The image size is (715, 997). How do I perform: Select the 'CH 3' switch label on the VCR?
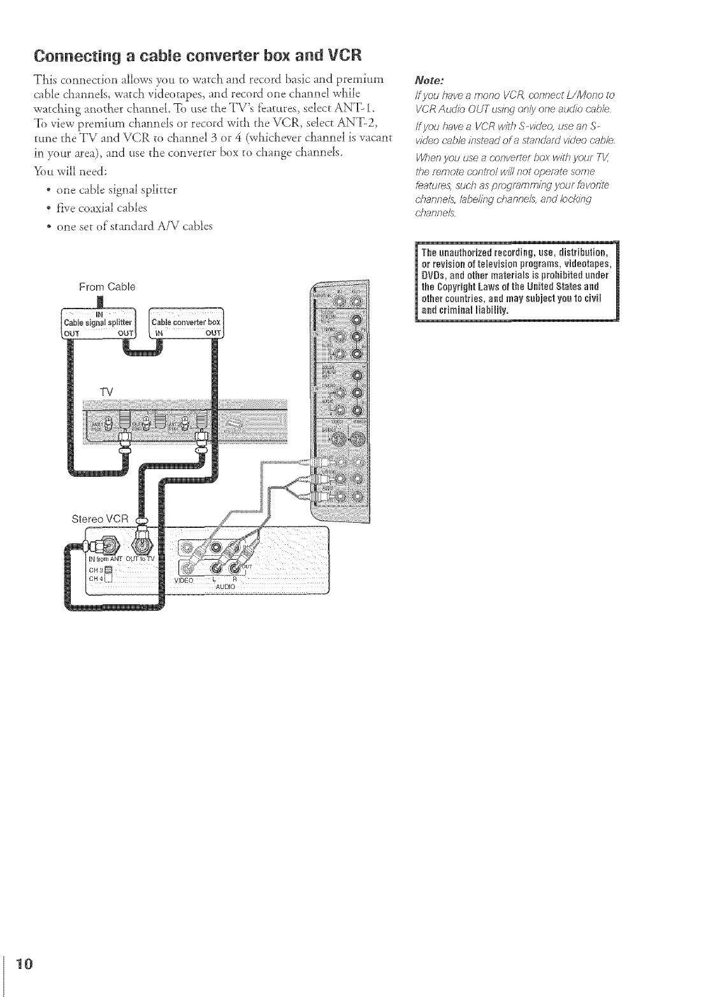click(95, 569)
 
